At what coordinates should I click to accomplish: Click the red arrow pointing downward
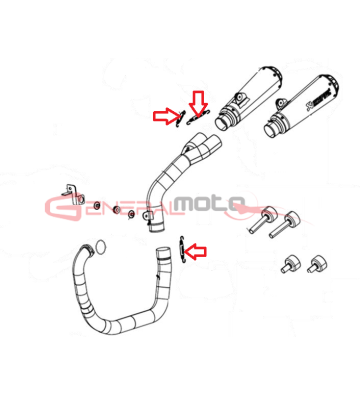pyautogui.click(x=198, y=101)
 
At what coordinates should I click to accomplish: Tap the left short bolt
pyautogui.click(x=285, y=262)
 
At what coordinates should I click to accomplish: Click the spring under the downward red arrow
pyautogui.click(x=194, y=120)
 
